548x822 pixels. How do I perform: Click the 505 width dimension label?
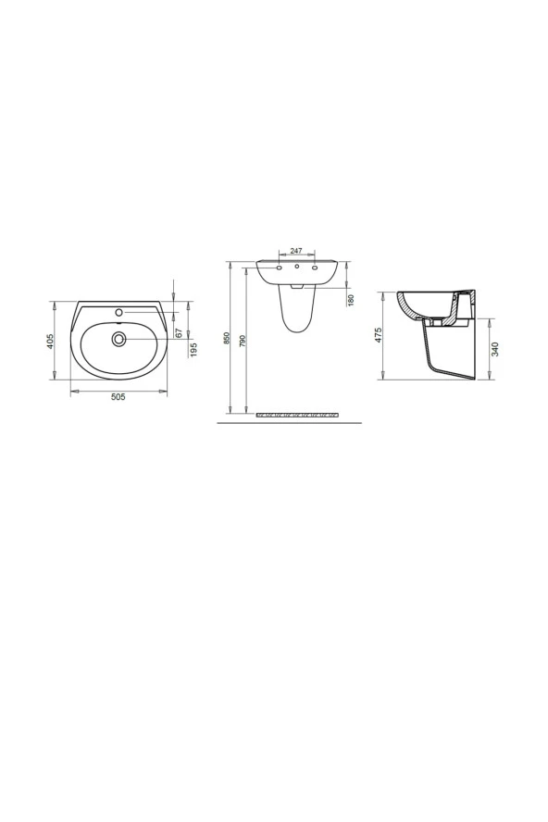[x=118, y=397]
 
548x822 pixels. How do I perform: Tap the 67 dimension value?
[x=178, y=330]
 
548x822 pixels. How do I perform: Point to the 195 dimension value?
[x=193, y=349]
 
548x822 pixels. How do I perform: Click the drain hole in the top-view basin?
[x=118, y=340]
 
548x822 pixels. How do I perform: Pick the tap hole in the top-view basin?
[x=118, y=312]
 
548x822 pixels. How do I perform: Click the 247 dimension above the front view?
[x=296, y=251]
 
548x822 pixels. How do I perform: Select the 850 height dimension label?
[x=227, y=339]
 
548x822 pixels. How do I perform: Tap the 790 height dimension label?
[x=243, y=339]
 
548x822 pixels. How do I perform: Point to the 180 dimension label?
[x=352, y=299]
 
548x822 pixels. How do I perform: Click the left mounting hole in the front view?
[x=279, y=268]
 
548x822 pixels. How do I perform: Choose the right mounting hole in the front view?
[x=315, y=268]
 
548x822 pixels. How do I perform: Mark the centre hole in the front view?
[x=296, y=268]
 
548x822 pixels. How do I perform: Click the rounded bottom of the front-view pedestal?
[x=296, y=328]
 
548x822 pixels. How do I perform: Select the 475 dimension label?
[x=379, y=335]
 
